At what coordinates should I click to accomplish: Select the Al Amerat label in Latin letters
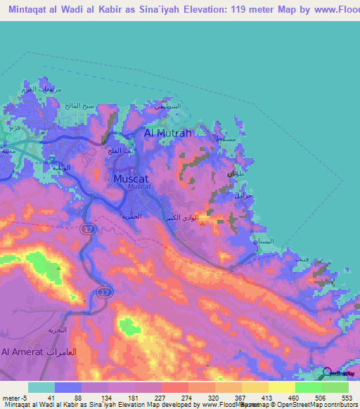tap(22, 351)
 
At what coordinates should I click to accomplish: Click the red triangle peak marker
tap(203, 224)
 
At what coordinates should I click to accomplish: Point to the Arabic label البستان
tap(268, 241)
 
